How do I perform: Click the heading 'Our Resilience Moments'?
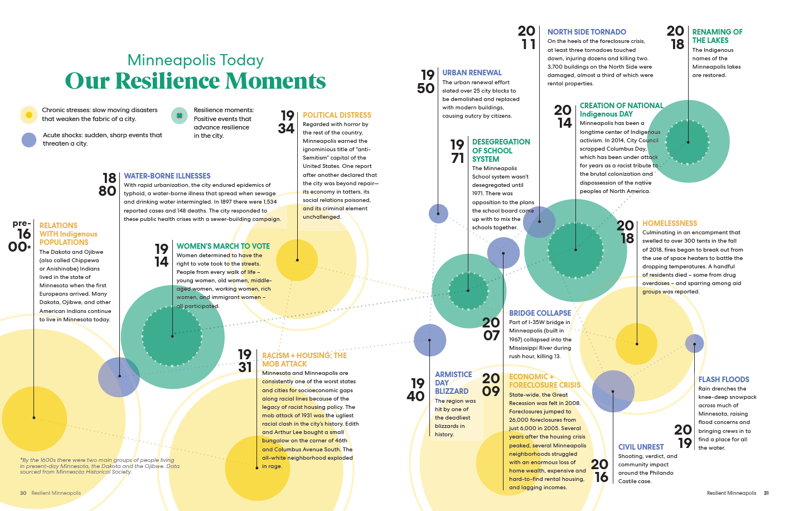tap(195, 81)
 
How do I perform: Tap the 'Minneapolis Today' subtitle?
tap(195, 60)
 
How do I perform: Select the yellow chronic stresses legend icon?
tap(28, 114)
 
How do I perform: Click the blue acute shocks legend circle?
tap(29, 139)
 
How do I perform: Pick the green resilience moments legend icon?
tap(180, 115)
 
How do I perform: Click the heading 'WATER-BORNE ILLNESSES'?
tap(167, 176)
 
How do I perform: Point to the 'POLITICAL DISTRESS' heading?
tap(337, 115)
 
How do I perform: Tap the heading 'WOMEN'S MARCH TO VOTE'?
tap(223, 246)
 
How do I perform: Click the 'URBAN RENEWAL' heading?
tap(472, 73)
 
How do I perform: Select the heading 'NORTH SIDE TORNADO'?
tap(587, 32)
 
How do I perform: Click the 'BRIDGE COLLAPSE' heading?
tap(540, 313)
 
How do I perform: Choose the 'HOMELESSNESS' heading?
tap(670, 223)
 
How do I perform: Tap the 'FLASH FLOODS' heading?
tap(724, 379)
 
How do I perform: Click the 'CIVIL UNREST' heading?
tap(641, 447)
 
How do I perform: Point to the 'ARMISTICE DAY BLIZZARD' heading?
tap(453, 383)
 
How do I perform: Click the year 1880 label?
tap(108, 184)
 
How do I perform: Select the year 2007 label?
tap(491, 329)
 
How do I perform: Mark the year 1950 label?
tap(426, 81)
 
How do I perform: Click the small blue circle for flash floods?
tap(694, 343)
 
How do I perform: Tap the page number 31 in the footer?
tap(766, 493)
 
